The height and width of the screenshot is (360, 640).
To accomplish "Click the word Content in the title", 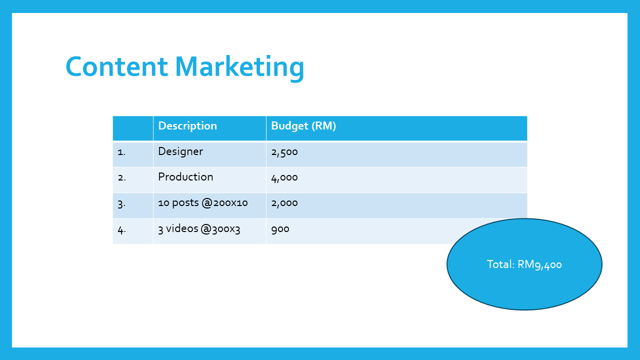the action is coord(116,66).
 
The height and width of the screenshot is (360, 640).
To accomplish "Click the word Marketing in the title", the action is coord(239,68).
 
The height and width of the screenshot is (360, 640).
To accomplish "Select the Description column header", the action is coord(187,126).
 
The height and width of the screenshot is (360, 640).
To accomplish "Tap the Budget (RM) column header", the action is coord(303,126).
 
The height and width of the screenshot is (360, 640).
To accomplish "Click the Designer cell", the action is coord(180,151).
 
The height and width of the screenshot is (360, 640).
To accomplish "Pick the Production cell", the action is coord(185,177).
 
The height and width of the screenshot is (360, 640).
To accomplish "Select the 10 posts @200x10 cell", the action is coord(203,203).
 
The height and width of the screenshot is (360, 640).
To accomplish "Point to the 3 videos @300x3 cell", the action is coord(199,229).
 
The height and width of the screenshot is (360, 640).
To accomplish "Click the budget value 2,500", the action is coord(284,152).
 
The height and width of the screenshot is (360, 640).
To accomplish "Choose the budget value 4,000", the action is coord(284,177).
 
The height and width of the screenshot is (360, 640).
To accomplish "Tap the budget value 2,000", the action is coord(284,203).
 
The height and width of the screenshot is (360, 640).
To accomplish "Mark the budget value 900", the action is coord(280,229).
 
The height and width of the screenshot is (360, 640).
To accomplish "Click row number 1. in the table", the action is coord(121,152).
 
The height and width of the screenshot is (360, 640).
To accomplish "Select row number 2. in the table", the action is coord(122,177).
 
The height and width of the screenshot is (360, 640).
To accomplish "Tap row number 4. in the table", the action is coord(122,229).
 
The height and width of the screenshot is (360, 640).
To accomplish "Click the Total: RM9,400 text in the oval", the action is coord(524,264).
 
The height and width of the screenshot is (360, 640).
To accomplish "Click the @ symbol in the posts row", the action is coord(207,203).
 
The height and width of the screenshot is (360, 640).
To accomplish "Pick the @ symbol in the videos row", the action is coord(206,229).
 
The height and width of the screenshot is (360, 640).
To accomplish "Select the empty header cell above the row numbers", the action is coord(133,128).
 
